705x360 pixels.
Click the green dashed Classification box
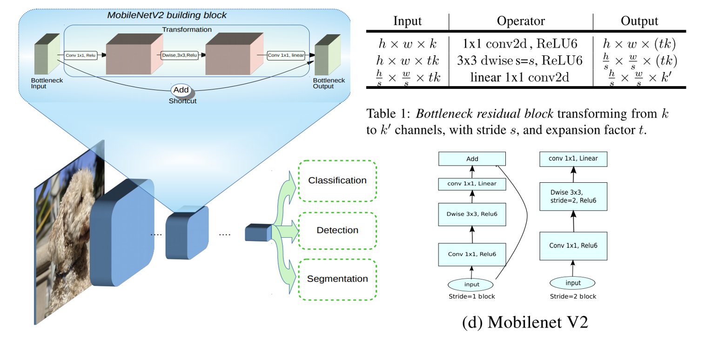pyautogui.click(x=337, y=180)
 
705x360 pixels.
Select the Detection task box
pyautogui.click(x=337, y=230)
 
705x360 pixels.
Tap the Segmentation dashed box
pyautogui.click(x=337, y=279)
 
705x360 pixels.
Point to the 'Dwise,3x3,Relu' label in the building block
pyautogui.click(x=179, y=55)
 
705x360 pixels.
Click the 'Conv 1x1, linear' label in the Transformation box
pyautogui.click(x=286, y=55)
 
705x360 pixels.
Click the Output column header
pyautogui.click(x=639, y=21)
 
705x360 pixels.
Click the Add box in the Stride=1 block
pyautogui.click(x=472, y=159)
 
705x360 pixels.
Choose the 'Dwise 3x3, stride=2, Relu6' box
pyautogui.click(x=573, y=196)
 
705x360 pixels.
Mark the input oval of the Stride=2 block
pyautogui.click(x=572, y=283)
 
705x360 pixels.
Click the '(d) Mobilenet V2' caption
pyautogui.click(x=525, y=323)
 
